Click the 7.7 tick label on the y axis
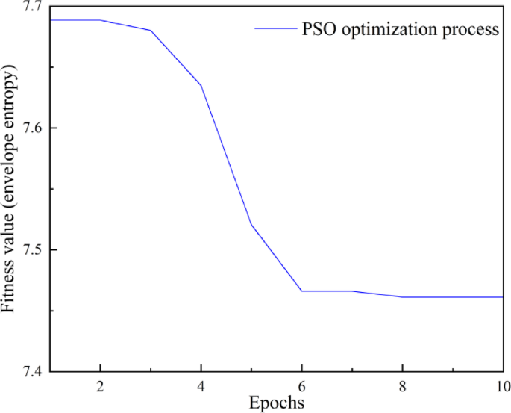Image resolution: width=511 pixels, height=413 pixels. coord(32,7)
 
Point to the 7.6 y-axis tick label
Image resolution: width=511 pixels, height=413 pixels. coord(32,128)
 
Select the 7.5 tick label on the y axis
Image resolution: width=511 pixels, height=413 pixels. coord(32,249)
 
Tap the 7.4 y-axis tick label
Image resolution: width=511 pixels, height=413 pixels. coord(32,371)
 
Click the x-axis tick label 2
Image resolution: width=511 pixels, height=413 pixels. coord(100,388)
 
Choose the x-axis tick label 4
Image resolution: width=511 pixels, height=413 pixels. coord(201,388)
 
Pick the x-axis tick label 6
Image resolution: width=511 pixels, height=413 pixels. coord(301,388)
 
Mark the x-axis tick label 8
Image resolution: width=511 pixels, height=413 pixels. coord(403,388)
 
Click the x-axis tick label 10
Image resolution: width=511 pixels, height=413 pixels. coord(501,388)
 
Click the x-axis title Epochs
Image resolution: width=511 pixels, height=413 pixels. coord(277,404)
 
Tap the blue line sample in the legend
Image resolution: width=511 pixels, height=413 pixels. coord(275,30)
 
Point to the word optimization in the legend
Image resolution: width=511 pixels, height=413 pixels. coord(391,31)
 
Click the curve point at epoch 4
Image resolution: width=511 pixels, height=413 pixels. coord(201,85)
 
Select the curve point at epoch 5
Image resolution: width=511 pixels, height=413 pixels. coord(251,224)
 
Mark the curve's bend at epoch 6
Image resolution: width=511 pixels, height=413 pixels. coord(301,291)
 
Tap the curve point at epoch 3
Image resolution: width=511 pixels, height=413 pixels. coord(151,31)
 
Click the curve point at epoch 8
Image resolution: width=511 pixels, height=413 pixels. coord(403,296)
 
